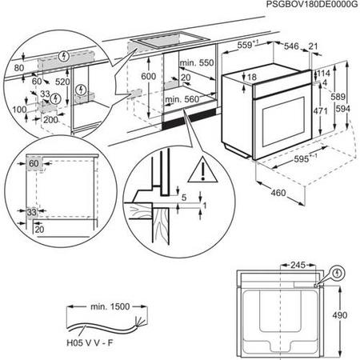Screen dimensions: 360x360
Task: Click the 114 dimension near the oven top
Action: coord(322,74)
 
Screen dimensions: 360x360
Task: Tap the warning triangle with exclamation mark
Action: coord(196,170)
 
